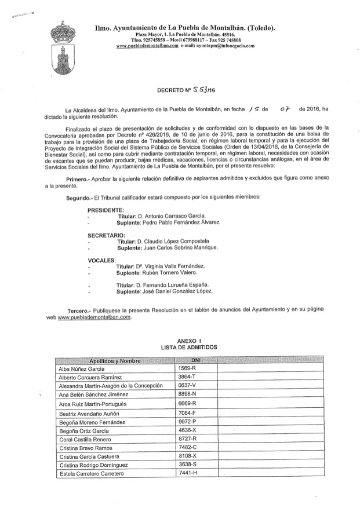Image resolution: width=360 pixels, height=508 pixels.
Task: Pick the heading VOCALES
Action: point(101,260)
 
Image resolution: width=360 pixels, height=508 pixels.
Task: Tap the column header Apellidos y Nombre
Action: point(115,360)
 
